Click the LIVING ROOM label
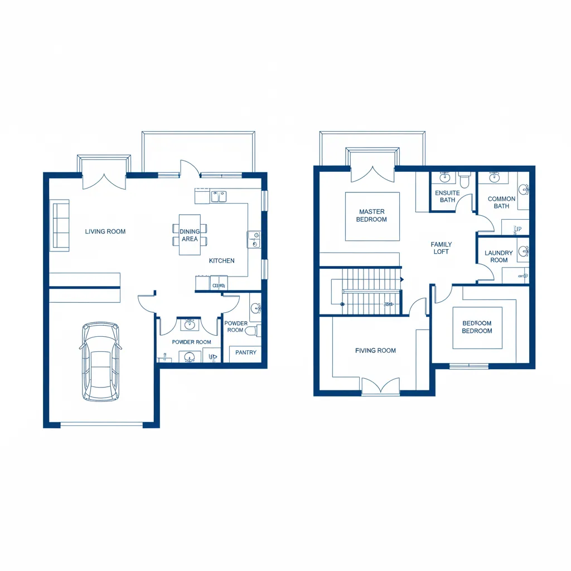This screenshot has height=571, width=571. (105, 231)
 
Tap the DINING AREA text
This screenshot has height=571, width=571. (190, 235)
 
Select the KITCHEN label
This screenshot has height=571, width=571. (221, 260)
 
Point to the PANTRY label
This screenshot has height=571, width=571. (246, 352)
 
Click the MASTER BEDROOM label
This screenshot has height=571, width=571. (372, 216)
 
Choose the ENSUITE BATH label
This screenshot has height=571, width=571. (447, 196)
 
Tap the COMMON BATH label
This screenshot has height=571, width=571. (501, 202)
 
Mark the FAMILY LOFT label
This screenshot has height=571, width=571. (441, 248)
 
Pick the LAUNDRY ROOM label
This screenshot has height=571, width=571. (499, 257)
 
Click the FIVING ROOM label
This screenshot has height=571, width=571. (375, 351)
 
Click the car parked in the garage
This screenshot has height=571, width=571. (100, 361)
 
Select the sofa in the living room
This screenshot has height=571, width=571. (60, 225)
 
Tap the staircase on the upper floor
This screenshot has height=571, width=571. (371, 291)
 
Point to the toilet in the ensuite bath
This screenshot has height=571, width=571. (464, 180)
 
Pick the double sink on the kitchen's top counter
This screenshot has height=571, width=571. (218, 196)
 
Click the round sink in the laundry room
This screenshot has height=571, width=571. (524, 251)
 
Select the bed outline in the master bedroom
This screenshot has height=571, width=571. (372, 216)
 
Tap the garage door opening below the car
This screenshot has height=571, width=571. (101, 425)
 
